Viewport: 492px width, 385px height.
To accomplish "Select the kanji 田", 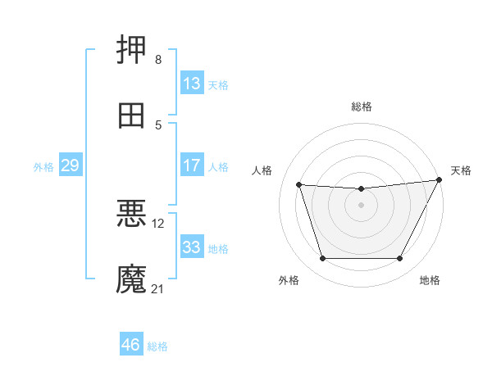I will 131,115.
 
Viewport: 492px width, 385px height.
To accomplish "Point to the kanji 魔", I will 131,279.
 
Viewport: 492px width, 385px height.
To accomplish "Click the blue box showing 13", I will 192,84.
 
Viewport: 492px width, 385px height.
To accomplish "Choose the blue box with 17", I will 192,165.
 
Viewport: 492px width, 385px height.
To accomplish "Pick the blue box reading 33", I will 192,247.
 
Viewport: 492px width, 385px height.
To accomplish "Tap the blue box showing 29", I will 70,165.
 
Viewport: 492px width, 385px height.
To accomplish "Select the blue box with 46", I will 130,345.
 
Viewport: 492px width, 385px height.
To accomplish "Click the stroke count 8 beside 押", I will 157,60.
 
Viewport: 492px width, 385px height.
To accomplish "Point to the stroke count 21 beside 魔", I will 158,289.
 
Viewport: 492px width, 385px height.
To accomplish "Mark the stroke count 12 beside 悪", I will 158,223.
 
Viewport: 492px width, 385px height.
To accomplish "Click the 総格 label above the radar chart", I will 362,106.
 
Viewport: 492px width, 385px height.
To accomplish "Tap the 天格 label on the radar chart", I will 461,170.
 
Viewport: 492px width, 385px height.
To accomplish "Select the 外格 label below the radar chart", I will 289,280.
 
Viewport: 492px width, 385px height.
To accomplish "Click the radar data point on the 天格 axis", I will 440,179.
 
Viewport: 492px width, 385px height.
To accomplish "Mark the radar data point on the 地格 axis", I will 400,259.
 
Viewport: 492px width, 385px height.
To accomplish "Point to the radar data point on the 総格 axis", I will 362,189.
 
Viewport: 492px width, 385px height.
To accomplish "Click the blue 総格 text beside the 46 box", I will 157,346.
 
